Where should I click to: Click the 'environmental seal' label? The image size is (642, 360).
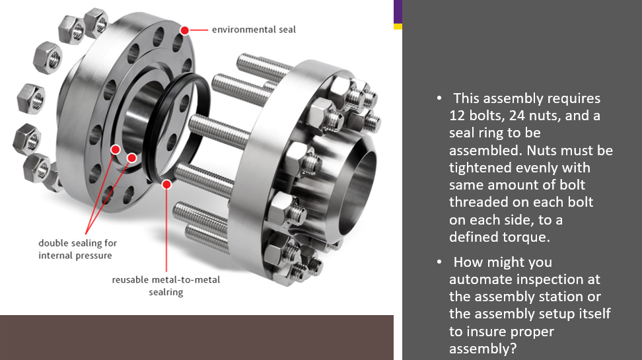254,29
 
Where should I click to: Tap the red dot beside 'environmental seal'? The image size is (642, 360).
185,30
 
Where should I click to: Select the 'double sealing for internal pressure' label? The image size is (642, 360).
77,249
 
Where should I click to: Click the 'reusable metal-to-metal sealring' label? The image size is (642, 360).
166,285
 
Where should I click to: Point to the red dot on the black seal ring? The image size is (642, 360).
166,184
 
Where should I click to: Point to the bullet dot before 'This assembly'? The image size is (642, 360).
439,99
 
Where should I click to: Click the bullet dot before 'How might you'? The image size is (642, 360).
439,263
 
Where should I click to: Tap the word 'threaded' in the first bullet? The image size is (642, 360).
478,202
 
